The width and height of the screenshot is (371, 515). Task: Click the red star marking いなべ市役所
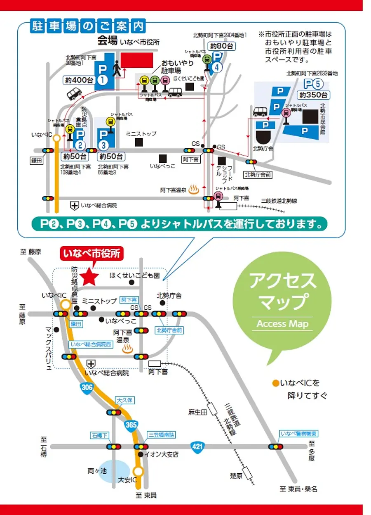click(x=89, y=277)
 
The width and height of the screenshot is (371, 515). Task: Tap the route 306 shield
click(x=87, y=387)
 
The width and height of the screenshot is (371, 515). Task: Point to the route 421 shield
click(x=197, y=446)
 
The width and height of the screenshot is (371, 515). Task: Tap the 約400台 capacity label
click(x=78, y=80)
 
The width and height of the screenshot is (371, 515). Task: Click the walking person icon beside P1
click(x=118, y=68)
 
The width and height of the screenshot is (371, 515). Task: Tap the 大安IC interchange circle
click(x=139, y=470)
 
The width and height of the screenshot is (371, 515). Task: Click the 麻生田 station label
click(x=197, y=412)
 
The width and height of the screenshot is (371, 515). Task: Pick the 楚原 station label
click(x=236, y=476)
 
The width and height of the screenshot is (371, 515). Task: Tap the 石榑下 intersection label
click(x=99, y=435)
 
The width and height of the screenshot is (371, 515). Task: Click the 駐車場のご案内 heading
click(x=89, y=26)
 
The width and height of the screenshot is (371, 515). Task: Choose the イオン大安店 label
click(x=161, y=454)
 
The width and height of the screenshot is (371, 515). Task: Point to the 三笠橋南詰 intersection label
click(x=161, y=435)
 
